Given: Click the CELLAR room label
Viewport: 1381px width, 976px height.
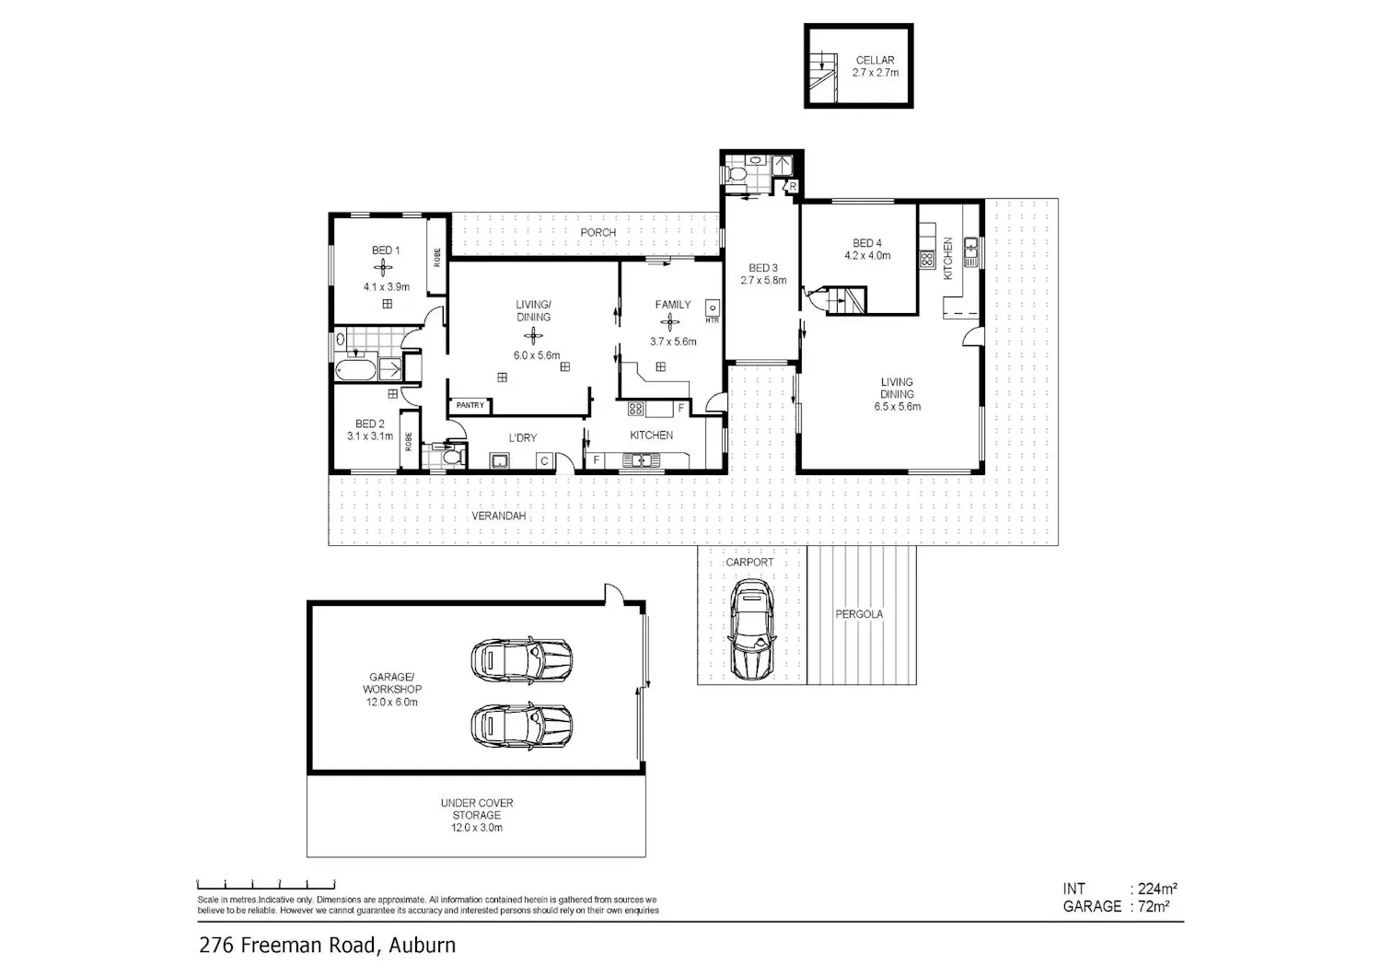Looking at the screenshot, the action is [x=875, y=61].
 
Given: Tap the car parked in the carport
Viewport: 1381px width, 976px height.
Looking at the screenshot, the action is [x=752, y=629].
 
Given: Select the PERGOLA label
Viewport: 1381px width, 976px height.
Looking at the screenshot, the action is [x=859, y=614].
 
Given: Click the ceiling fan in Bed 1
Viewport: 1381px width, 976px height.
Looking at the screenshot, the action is [x=383, y=268].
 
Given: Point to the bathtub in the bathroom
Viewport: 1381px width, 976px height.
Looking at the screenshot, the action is [x=355, y=370].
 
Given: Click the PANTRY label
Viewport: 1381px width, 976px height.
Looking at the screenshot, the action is [x=470, y=405].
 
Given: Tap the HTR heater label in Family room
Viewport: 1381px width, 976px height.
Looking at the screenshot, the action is [x=712, y=320].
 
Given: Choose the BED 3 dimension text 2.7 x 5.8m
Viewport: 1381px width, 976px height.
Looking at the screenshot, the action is [x=763, y=281].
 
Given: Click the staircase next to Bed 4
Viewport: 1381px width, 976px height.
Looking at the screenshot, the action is [x=845, y=301].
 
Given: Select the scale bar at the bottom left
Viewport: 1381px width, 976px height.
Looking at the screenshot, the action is [x=266, y=884].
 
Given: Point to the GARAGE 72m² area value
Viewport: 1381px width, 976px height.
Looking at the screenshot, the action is [x=1154, y=906].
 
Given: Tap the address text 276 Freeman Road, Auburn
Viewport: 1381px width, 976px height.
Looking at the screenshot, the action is [x=328, y=946].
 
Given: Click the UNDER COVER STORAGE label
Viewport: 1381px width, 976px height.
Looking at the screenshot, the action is [x=477, y=809].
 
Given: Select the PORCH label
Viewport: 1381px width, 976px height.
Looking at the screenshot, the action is [x=598, y=232].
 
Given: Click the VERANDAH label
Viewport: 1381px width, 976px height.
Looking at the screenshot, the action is [x=499, y=516].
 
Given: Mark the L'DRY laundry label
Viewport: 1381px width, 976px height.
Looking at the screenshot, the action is [x=523, y=437].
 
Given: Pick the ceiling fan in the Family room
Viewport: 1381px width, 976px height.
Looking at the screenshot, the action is [x=669, y=322].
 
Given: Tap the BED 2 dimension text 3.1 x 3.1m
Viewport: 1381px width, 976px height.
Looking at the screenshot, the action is [x=370, y=436].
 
